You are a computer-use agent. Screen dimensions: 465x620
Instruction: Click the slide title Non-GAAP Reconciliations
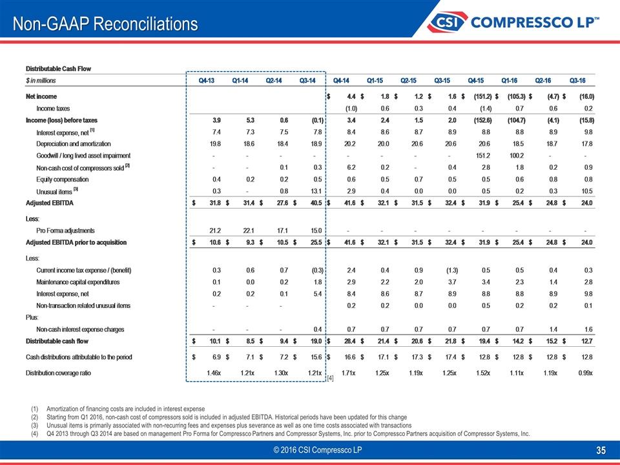[x=106, y=24]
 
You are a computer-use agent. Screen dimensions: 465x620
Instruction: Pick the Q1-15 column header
[x=375, y=81]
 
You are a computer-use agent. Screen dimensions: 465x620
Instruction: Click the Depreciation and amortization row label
[x=74, y=143]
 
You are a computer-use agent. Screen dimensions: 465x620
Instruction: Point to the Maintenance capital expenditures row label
[x=78, y=282]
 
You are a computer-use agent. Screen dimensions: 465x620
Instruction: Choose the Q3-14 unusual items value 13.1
[x=307, y=191]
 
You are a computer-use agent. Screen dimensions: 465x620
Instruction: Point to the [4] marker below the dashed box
[x=330, y=377]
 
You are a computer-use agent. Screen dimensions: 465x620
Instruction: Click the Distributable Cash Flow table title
[x=57, y=68]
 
